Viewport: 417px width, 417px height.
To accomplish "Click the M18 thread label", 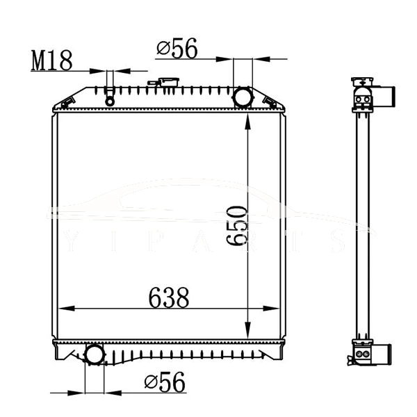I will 52,60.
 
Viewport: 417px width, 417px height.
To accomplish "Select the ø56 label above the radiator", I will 177,49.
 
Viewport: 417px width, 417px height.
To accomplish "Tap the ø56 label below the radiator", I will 165,382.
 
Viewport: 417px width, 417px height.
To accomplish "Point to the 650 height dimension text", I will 237,225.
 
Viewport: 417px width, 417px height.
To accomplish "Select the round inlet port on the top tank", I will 243,97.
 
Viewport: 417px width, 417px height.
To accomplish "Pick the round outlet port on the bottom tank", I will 94,355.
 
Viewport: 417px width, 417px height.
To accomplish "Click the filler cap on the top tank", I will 167,83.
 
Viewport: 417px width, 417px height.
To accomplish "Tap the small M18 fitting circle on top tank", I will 109,101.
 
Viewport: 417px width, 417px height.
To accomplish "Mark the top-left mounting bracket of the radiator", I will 65,104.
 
